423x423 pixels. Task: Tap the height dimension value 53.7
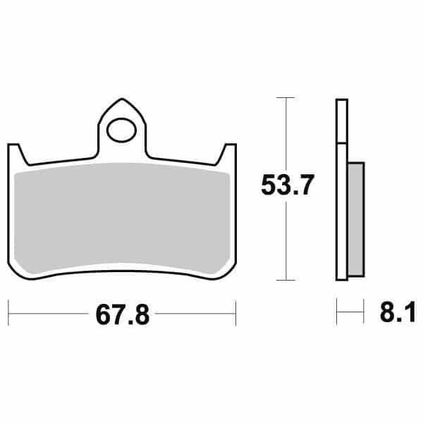286,186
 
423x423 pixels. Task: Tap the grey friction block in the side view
356,218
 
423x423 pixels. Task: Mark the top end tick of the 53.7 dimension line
286,97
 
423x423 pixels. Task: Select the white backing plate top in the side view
341,120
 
